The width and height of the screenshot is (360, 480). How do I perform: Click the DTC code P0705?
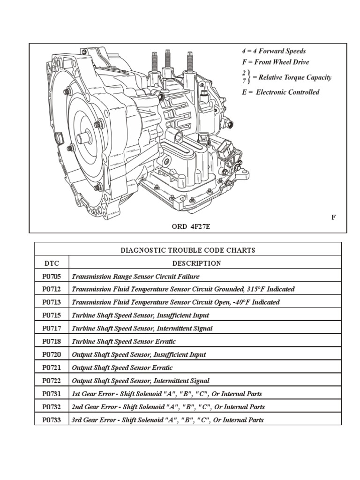[x=52, y=277]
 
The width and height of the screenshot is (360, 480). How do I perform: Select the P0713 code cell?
[x=52, y=302]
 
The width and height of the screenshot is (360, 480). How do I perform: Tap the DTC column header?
[x=52, y=263]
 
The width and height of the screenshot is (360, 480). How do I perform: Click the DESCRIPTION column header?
[x=196, y=263]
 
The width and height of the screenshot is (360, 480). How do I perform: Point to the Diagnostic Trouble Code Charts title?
[x=188, y=250]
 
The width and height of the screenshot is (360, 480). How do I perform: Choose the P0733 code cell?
[x=52, y=420]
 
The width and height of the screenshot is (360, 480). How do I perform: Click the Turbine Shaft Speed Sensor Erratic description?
[x=124, y=342]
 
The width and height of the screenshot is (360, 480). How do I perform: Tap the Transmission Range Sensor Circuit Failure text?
[x=135, y=277]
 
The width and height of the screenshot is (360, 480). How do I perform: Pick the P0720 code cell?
[x=52, y=355]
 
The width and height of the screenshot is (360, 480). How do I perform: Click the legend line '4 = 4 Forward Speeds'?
[x=274, y=51]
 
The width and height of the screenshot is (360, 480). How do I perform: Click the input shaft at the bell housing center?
[x=82, y=138]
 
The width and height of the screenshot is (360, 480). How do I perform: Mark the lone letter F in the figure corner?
[x=333, y=217]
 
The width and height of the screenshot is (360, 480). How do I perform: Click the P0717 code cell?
[x=52, y=329]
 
